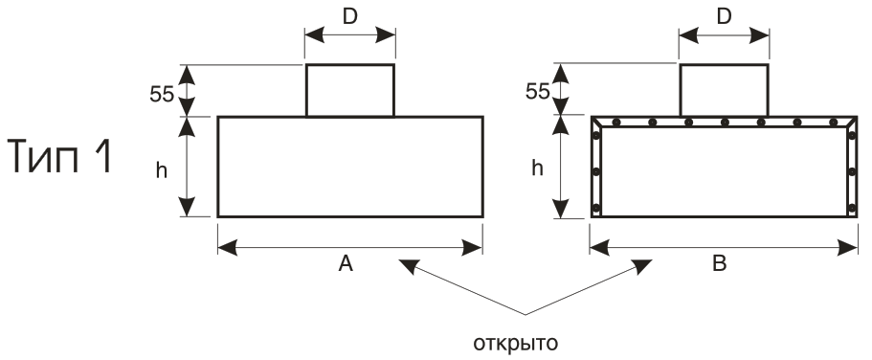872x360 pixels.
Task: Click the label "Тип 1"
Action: (x=60, y=157)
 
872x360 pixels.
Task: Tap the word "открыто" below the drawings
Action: (x=515, y=344)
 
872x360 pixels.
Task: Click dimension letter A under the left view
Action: (x=346, y=263)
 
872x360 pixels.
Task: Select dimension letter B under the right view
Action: (x=720, y=263)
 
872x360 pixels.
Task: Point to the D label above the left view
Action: (x=349, y=17)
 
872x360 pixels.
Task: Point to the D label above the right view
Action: (x=724, y=17)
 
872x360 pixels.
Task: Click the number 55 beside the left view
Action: (x=161, y=95)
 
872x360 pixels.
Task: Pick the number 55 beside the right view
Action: (x=537, y=91)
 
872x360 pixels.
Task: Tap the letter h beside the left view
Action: (x=161, y=170)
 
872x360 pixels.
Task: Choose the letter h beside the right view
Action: (x=537, y=167)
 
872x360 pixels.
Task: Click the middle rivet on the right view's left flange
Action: (x=596, y=172)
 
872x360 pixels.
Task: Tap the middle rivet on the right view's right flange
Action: (x=852, y=172)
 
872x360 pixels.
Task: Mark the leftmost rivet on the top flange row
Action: (x=616, y=122)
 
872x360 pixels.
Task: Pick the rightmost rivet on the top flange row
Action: (x=833, y=122)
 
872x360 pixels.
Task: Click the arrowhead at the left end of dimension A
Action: (x=228, y=248)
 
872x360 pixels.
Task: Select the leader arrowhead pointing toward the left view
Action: (x=408, y=266)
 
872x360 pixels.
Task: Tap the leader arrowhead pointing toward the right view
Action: (x=643, y=266)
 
